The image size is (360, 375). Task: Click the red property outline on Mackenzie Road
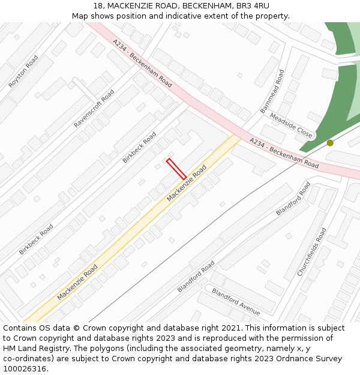[176, 169]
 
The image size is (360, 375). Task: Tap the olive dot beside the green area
[330, 143]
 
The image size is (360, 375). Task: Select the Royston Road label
[23, 72]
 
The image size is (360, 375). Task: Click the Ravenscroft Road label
[94, 109]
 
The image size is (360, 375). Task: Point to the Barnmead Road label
[272, 91]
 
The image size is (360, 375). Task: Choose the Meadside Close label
[291, 125]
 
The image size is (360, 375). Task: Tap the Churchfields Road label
[312, 252]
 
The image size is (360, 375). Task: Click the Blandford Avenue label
[236, 302]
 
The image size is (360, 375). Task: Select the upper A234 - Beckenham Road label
[142, 63]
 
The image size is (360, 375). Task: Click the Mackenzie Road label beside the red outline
[187, 183]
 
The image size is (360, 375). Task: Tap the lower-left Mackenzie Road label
[77, 282]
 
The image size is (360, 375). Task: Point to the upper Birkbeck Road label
[139, 147]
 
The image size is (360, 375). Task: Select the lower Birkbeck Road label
[36, 239]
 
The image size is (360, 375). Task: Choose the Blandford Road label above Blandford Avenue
[196, 277]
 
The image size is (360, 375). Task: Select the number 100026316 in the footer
[23, 369]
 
